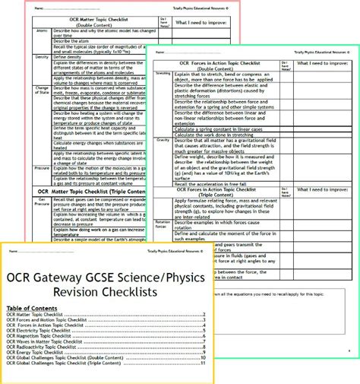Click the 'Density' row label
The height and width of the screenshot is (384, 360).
coord(43,57)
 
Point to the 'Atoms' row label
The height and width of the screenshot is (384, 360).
coord(42,32)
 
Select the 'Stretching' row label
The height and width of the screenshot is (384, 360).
coord(163,74)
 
